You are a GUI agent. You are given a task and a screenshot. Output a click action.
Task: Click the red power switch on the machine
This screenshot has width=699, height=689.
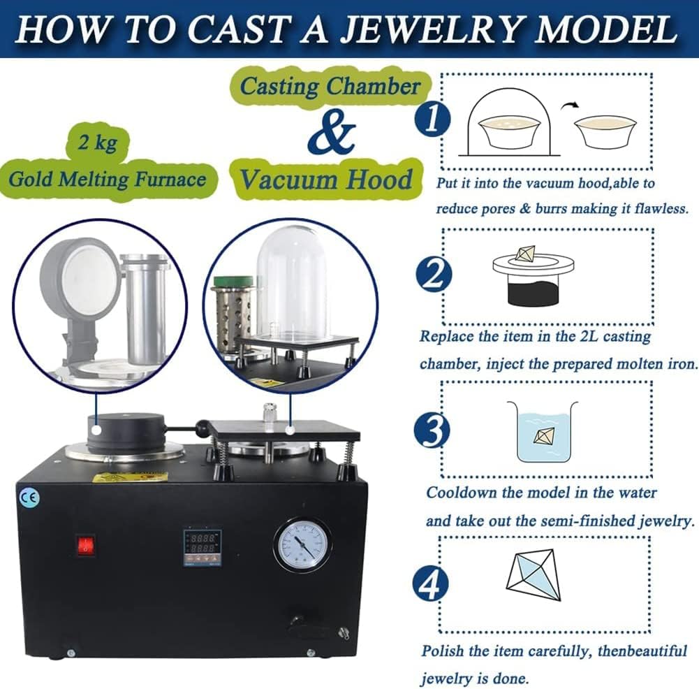click(x=85, y=546)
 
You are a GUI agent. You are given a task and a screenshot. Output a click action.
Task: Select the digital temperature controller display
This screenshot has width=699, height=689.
click(x=202, y=546)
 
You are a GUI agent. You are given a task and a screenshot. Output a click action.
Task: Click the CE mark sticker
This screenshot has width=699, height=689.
click(x=31, y=498)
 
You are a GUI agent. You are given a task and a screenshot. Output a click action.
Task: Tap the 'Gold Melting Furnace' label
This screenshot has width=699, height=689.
click(x=108, y=180)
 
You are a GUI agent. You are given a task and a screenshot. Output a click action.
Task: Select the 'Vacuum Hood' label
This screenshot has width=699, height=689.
click(x=327, y=180)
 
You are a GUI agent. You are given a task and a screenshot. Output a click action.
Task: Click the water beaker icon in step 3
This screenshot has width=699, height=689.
click(x=542, y=431)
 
